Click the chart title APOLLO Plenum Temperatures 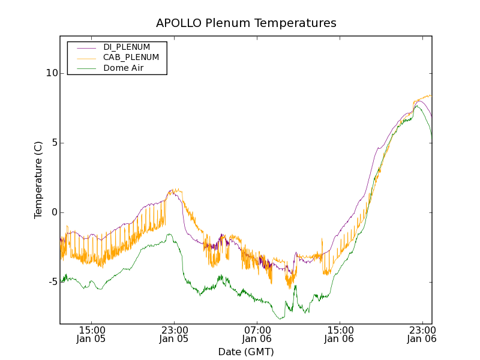pos(246,23)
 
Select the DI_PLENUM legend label pos(127,47)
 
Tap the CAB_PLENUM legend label pos(131,58)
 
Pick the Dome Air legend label pos(124,68)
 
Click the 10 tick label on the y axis pos(50,73)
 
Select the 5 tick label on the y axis pos(53,143)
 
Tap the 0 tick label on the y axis pos(53,212)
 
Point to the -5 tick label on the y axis pos(50,282)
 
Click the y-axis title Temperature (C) pos(38,179)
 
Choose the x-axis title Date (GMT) pos(246,352)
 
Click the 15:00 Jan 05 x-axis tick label pos(92,334)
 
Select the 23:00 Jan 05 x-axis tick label pos(174,334)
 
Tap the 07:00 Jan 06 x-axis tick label pos(257,334)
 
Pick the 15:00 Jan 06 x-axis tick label pos(340,334)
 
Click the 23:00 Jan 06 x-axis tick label pos(422,334)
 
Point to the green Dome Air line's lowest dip pos(280,319)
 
